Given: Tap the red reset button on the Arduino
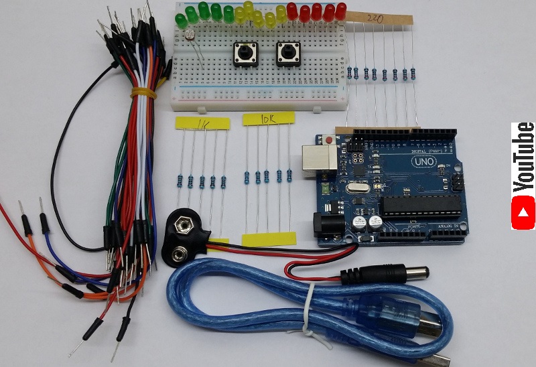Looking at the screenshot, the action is click(328, 141).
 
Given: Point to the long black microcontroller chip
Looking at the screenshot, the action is click(416, 204).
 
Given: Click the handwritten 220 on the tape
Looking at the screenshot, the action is click(376, 19).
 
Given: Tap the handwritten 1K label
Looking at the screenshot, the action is click(202, 123).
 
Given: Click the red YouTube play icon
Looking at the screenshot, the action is click(523, 213).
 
